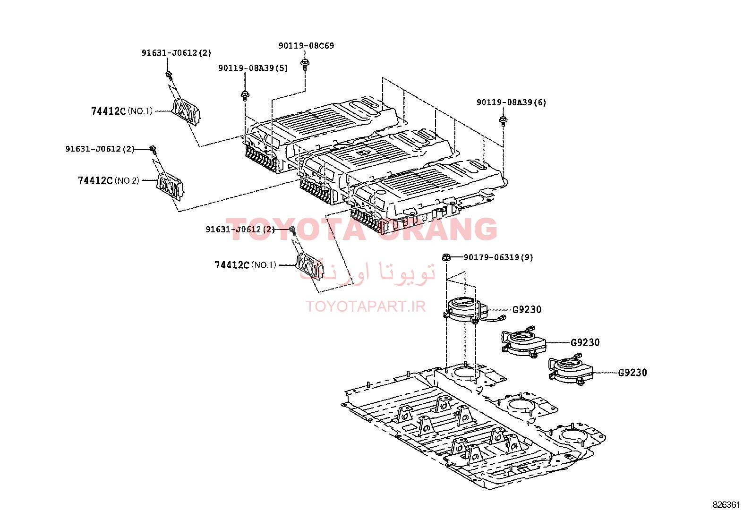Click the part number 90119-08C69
pyautogui.click(x=306, y=46)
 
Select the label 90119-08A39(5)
pyautogui.click(x=253, y=68)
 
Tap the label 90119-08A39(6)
pyautogui.click(x=511, y=102)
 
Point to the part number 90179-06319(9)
pyautogui.click(x=498, y=257)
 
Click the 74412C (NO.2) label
pyautogui.click(x=109, y=180)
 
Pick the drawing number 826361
pyautogui.click(x=726, y=505)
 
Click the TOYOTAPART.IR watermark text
pyautogui.click(x=366, y=306)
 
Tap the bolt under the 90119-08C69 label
pyautogui.click(x=305, y=65)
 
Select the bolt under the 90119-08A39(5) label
pyautogui.click(x=245, y=96)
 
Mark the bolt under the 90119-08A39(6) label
pyautogui.click(x=503, y=121)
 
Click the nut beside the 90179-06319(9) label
pyautogui.click(x=446, y=257)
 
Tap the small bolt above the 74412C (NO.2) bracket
pyautogui.click(x=153, y=149)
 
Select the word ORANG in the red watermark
pyautogui.click(x=439, y=230)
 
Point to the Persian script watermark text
pyautogui.click(x=367, y=272)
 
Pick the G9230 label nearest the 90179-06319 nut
pyautogui.click(x=527, y=309)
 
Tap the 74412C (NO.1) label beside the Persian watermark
pyautogui.click(x=246, y=265)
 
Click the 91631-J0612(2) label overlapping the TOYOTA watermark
pyautogui.click(x=240, y=230)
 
